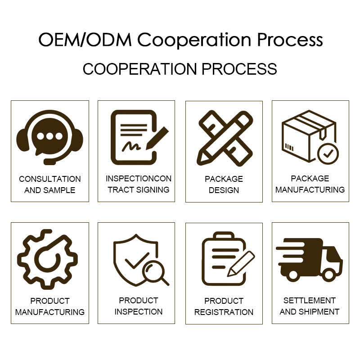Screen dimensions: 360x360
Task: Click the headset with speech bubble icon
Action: point(49,137)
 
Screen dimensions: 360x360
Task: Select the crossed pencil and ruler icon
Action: point(225,138)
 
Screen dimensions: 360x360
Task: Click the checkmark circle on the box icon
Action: point(328,153)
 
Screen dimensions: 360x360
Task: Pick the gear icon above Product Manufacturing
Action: point(47,260)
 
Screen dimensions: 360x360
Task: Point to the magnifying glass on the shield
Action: point(155,274)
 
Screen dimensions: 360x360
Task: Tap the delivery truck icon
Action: point(309,260)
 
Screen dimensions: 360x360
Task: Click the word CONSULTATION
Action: point(50,179)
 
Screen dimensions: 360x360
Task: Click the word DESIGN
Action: point(224,190)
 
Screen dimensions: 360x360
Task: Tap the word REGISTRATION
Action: point(224,312)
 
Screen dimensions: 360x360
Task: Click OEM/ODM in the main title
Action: point(85,40)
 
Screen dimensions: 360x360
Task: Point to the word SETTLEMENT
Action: point(310,300)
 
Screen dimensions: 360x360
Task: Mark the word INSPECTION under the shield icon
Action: point(139,311)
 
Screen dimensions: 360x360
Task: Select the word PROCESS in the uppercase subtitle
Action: point(239,69)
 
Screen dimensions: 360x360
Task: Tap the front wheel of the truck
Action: point(329,274)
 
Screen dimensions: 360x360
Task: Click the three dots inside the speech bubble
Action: point(49,136)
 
